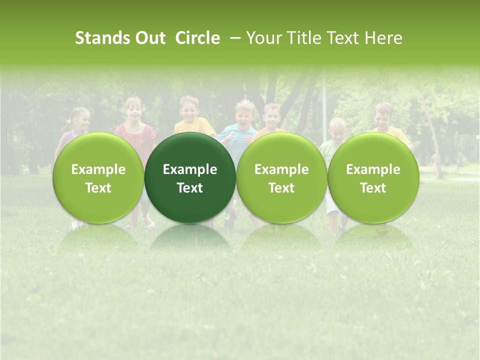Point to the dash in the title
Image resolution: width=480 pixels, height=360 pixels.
233,38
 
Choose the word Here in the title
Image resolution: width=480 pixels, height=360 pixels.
384,38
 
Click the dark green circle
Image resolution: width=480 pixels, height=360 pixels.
190,177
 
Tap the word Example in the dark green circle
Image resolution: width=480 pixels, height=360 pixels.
190,169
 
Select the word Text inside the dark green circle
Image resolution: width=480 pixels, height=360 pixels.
190,188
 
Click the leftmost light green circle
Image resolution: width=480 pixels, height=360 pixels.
98,177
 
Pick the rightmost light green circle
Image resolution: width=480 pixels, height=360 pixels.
373,177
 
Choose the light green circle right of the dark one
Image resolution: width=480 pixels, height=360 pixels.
281,177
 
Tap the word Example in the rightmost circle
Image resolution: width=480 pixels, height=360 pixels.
373,169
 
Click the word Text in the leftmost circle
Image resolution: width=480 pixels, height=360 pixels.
98,188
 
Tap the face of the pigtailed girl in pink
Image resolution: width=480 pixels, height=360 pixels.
81,119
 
